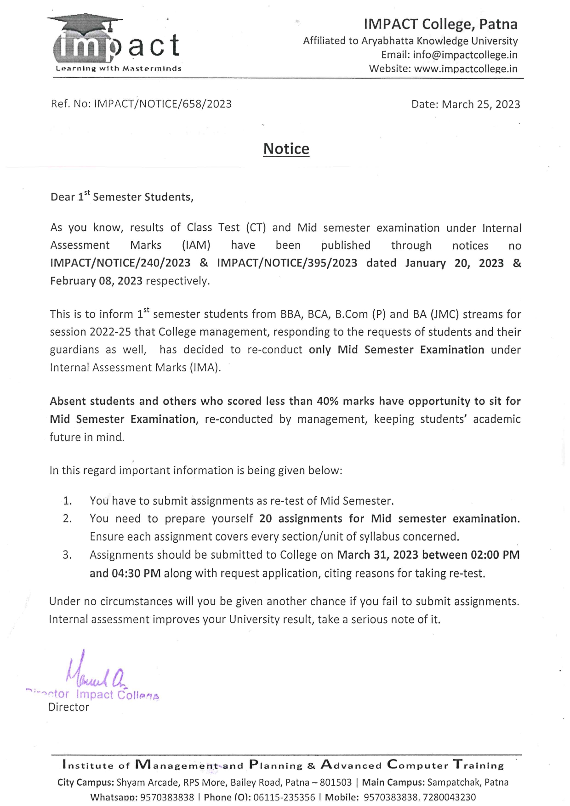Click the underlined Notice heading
click(x=286, y=149)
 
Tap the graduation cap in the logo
click(x=85, y=23)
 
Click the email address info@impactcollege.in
click(x=465, y=55)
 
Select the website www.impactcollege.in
click(x=466, y=69)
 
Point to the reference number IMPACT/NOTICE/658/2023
click(x=163, y=104)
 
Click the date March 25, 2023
click(x=481, y=104)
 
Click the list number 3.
click(x=67, y=555)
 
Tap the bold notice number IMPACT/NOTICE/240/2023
click(x=120, y=263)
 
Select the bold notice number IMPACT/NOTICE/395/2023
click(x=287, y=263)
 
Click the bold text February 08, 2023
click(x=96, y=281)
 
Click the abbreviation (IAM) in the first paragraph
click(x=196, y=245)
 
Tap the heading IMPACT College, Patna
click(x=440, y=24)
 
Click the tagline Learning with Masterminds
click(x=119, y=69)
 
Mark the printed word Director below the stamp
click(x=69, y=707)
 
